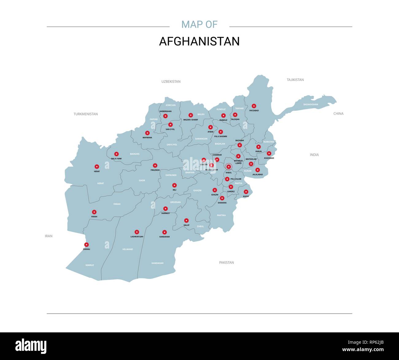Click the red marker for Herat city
pos(97,166)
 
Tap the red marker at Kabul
pos(228,167)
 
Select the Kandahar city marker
pos(165,232)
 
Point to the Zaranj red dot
pos(87,245)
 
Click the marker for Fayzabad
pos(254,106)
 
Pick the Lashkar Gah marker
pos(137,232)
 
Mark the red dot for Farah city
pos(94,212)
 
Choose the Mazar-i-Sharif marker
pos(191,115)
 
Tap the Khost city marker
pos(246,192)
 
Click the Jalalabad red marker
pos(258,170)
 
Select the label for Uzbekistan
pos(171,82)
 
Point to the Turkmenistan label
pos(86,114)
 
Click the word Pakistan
pos(227,263)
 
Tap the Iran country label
pos(49,236)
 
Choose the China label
pos(339,114)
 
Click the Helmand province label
pos(128,249)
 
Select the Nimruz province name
pos(90,265)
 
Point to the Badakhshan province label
pos(311,104)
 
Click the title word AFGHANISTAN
pos(199,41)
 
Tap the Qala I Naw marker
pos(116,154)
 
